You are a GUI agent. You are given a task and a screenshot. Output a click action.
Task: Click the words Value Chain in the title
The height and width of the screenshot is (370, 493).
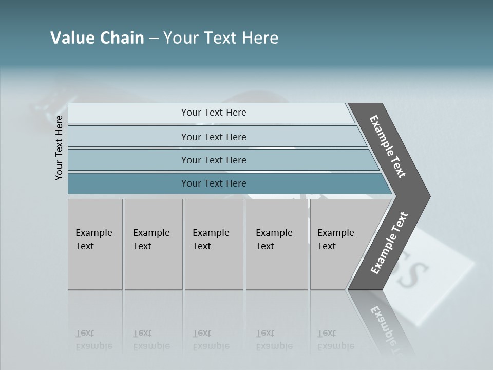(x=97, y=38)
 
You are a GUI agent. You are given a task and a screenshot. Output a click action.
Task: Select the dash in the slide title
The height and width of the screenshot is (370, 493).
(x=154, y=39)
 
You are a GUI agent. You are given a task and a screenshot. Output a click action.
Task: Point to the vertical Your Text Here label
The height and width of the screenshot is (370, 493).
(x=59, y=147)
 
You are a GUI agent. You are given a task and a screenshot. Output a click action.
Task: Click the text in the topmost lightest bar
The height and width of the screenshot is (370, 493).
(x=214, y=113)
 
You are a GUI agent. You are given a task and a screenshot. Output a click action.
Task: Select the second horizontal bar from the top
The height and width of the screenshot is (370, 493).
(x=214, y=137)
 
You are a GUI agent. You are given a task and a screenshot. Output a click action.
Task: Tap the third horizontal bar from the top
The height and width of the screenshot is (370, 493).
(x=214, y=160)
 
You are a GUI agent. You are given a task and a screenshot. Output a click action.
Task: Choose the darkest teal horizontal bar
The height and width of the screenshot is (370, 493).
(x=214, y=183)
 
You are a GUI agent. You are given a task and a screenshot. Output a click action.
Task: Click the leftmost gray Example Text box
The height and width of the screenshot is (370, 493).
(x=95, y=244)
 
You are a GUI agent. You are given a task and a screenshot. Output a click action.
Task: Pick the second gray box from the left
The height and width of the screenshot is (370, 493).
(x=153, y=244)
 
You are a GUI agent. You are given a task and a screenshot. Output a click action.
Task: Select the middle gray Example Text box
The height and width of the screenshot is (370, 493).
(x=214, y=244)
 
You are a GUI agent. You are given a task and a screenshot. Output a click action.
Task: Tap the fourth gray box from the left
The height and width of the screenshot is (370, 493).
(x=276, y=244)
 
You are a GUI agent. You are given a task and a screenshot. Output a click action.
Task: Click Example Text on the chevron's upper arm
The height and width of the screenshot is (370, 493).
(x=388, y=146)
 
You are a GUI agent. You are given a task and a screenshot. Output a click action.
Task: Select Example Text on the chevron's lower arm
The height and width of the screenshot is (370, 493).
(x=389, y=243)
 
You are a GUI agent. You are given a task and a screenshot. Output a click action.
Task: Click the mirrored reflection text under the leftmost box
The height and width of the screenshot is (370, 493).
(x=93, y=340)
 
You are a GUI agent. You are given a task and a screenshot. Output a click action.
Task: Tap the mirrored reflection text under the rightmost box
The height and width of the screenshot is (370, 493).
(x=335, y=340)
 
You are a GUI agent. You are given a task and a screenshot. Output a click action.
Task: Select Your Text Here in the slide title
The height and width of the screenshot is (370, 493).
(x=221, y=38)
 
